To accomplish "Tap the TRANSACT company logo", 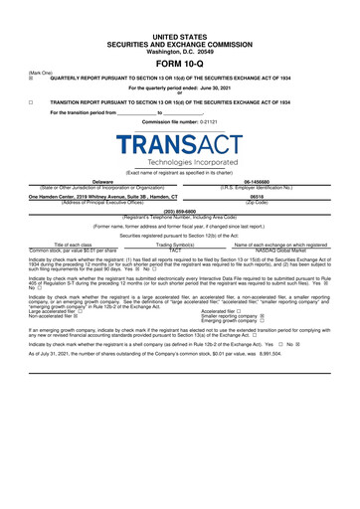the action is tap(180, 144).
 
